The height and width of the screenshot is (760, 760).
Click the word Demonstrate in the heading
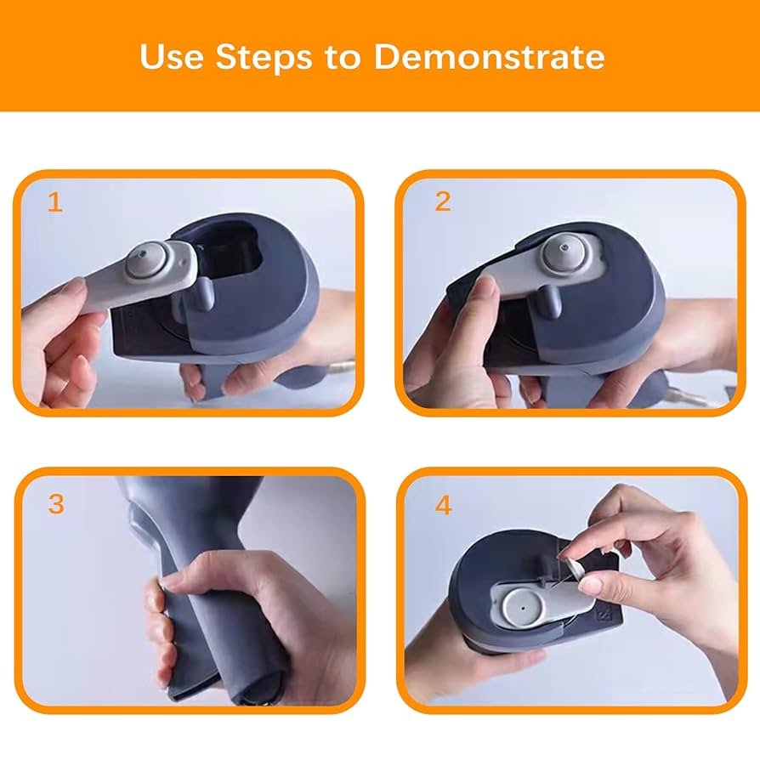click(x=489, y=56)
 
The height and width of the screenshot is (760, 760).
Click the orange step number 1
click(x=55, y=202)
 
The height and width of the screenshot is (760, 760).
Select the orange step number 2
click(x=442, y=201)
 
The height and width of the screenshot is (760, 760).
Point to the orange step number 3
click(x=56, y=503)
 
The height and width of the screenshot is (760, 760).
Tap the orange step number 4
click(x=443, y=505)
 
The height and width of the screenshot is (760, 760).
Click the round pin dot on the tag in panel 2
click(x=562, y=251)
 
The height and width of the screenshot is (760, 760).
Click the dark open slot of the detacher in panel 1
click(x=229, y=256)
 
